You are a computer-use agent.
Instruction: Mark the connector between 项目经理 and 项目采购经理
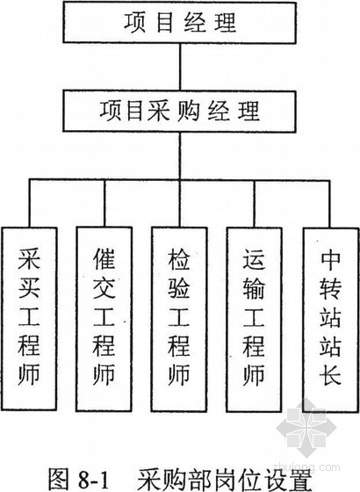point(180,67)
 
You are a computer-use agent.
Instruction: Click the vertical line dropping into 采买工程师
point(30,203)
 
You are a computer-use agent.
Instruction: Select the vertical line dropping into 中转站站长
point(329,204)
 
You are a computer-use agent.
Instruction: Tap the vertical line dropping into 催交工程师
point(104,203)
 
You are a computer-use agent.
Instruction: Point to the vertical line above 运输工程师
point(255,204)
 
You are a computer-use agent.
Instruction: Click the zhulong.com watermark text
point(306,467)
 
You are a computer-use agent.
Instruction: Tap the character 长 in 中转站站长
point(330,374)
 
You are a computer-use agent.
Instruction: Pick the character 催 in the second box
point(104,259)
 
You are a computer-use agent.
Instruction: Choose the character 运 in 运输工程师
point(254,260)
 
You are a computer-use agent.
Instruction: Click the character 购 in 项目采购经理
point(189,111)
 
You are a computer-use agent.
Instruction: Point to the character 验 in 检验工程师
point(179,289)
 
